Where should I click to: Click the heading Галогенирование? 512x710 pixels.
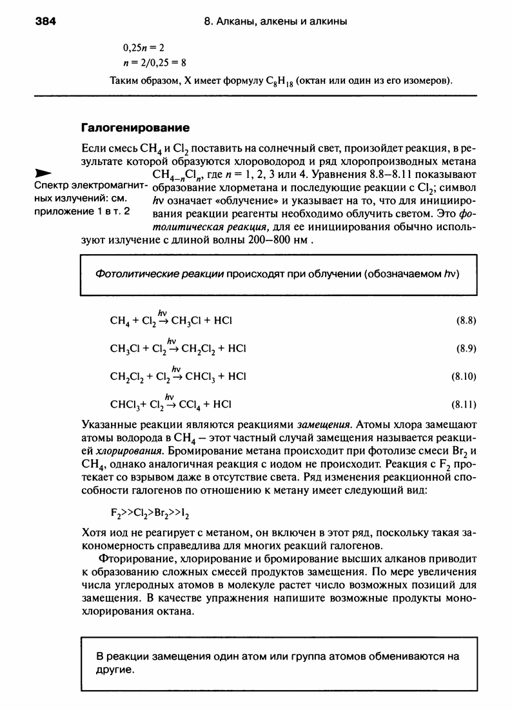click(134, 127)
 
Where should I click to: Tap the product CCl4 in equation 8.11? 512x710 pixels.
click(190, 405)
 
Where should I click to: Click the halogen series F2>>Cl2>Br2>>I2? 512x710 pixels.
click(151, 514)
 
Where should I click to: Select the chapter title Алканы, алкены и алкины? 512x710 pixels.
click(284, 21)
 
